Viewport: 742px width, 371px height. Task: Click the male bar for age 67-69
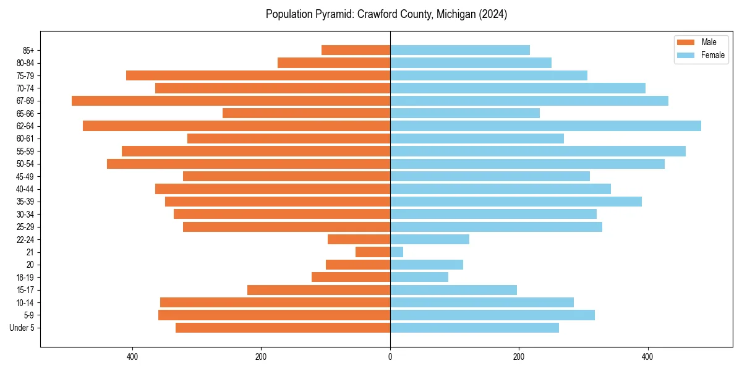click(231, 101)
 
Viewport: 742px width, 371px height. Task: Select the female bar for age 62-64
click(545, 126)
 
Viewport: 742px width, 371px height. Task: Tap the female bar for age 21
click(396, 252)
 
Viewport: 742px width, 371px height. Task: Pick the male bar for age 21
click(373, 252)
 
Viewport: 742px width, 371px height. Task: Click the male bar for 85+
click(356, 50)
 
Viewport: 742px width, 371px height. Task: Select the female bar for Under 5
click(474, 328)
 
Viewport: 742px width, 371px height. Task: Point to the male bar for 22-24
click(359, 239)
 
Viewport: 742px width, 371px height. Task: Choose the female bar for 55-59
click(538, 151)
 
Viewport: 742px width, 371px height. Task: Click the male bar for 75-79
click(258, 75)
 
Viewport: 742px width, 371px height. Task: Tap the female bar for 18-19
click(419, 278)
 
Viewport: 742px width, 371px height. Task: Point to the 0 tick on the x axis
click(390, 357)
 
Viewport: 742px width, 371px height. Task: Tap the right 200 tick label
click(519, 357)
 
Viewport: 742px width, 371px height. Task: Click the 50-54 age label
click(25, 164)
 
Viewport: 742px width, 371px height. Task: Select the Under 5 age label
click(22, 328)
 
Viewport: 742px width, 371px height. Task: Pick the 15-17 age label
click(25, 290)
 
